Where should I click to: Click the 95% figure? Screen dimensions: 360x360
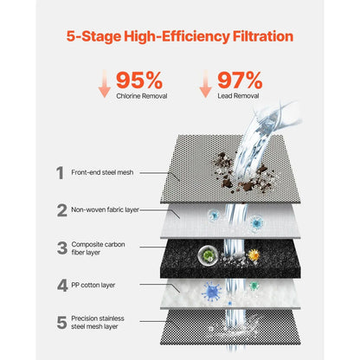coord(139,80)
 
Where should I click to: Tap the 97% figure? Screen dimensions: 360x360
coord(240,80)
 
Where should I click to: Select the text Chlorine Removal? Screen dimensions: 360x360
coord(142,96)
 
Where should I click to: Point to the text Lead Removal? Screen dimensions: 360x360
coord(238,96)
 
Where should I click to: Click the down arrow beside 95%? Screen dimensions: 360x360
coord(105,84)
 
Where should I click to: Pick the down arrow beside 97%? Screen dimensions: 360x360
coord(206,84)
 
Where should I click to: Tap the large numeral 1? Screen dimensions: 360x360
coord(60,173)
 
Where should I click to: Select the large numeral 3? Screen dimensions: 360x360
coord(62,248)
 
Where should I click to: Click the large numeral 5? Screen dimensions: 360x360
coord(62,323)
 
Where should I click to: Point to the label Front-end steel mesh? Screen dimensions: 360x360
coord(102,172)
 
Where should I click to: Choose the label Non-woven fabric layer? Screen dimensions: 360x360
coord(105,209)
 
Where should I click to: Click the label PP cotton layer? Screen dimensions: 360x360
coord(93,286)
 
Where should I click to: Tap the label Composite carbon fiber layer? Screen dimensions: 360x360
coord(98,248)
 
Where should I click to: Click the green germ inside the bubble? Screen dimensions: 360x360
coord(207,254)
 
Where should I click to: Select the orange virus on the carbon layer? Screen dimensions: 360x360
coord(254,254)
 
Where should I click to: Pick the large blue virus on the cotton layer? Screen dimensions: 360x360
coord(212,292)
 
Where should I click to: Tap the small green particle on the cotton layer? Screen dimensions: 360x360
coord(254,286)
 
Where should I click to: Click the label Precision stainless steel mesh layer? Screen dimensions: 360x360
coord(98,323)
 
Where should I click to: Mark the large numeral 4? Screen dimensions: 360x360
coord(62,286)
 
